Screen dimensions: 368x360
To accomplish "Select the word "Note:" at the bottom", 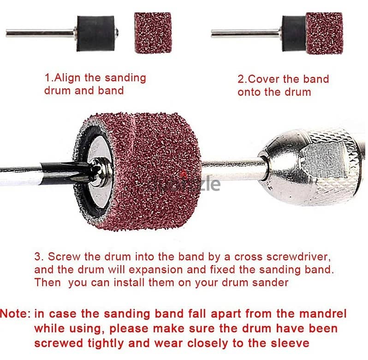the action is coord(16,314).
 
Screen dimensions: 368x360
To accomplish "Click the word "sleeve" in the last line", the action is coord(290,343).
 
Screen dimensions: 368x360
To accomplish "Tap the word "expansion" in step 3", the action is coord(155,270).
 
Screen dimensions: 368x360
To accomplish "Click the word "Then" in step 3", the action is coord(47,283).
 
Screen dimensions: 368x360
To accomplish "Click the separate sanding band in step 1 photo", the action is coord(153,32).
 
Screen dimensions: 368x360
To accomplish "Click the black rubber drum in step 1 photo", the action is coord(96,33).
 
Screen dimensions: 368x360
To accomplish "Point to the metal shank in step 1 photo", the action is coord(40,34).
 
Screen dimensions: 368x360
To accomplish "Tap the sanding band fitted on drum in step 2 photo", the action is coord(324,33).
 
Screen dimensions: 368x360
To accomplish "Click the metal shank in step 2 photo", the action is coord(246,33).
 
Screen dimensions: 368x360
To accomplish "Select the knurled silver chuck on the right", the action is coord(312,167).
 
